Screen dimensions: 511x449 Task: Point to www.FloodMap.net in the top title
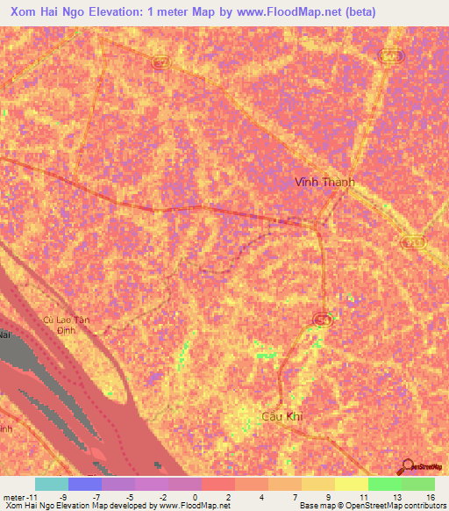click(x=274, y=11)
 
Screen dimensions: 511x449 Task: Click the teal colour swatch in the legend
click(x=52, y=484)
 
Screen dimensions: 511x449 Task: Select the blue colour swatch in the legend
click(x=85, y=484)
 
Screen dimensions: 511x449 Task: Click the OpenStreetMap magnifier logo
click(x=407, y=465)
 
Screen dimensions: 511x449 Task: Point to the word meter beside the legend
click(x=14, y=497)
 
